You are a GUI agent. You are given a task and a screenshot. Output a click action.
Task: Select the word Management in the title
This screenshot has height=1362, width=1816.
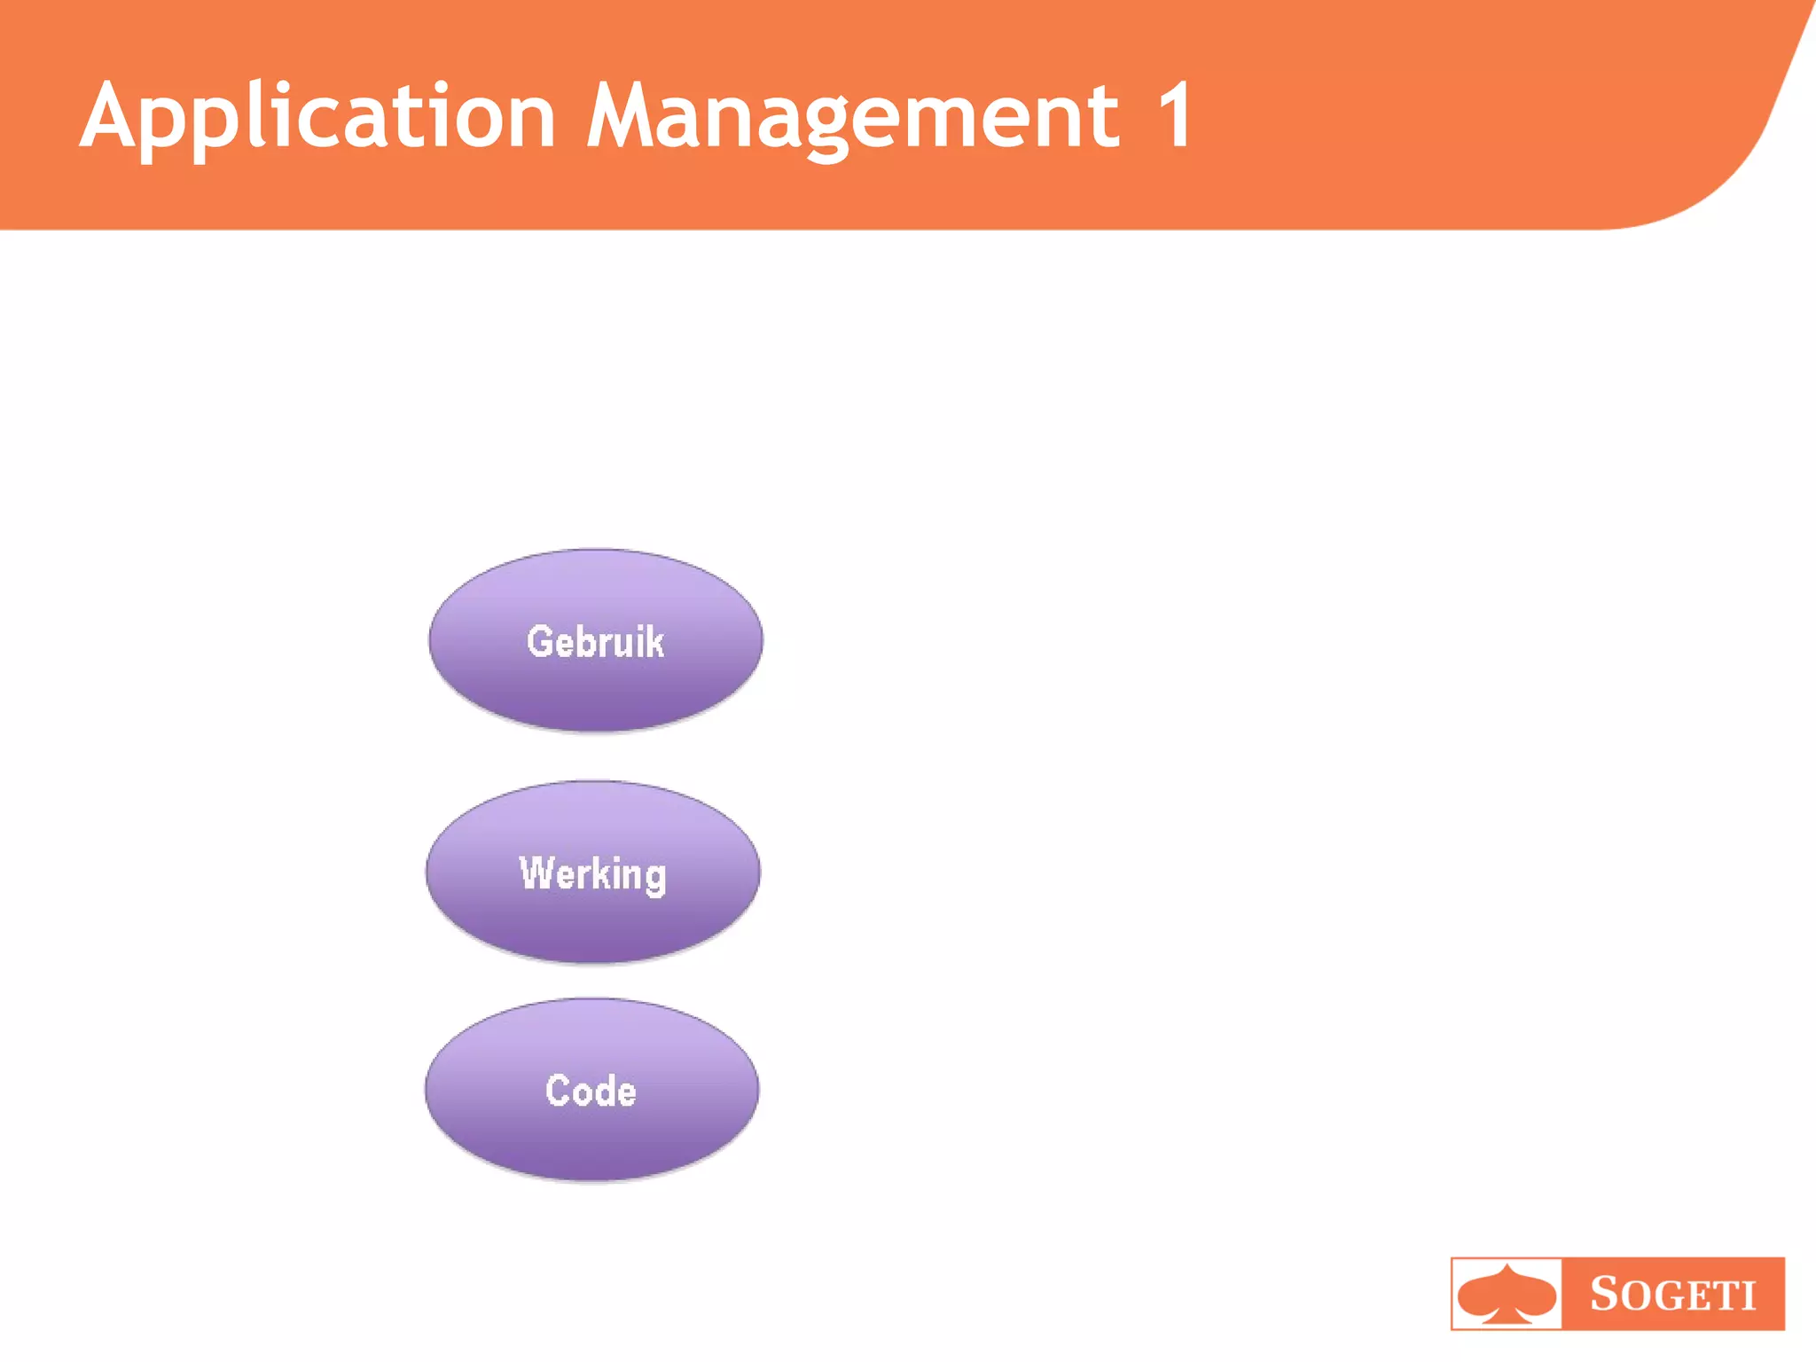coord(853,117)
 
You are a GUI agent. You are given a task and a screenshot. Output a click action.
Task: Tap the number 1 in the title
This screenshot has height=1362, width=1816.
coord(1175,115)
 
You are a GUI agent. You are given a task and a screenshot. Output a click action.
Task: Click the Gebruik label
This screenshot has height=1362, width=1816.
coord(595,641)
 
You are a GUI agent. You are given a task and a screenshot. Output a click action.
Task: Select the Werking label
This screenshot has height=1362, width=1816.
coord(592,873)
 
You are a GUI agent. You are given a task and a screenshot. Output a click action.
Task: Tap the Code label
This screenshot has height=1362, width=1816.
coord(591,1091)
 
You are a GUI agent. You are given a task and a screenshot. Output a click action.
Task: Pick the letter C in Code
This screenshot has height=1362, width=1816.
coord(558,1091)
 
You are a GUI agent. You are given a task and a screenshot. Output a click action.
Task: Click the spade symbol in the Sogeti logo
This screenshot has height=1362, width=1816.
coord(1507,1295)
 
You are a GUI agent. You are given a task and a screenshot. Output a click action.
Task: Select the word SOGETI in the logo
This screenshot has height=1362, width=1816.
coord(1672,1295)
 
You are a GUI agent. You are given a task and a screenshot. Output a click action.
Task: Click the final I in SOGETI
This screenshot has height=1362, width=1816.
coord(1749,1297)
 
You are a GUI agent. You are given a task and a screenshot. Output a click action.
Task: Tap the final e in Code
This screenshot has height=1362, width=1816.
coord(626,1093)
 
